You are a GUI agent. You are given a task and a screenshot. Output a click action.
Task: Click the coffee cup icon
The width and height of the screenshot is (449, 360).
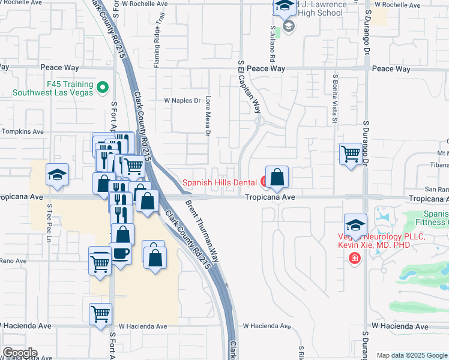pyautogui.click(x=120, y=253)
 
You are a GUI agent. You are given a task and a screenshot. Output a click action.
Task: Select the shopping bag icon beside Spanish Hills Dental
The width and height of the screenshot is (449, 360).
pyautogui.click(x=277, y=178)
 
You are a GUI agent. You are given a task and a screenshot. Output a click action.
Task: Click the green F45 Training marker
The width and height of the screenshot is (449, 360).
pyautogui.click(x=102, y=88)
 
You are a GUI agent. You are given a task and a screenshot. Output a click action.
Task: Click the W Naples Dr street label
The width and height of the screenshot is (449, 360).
pyautogui.click(x=182, y=101)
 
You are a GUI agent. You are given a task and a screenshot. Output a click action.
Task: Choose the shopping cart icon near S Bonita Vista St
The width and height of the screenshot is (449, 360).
pyautogui.click(x=351, y=153)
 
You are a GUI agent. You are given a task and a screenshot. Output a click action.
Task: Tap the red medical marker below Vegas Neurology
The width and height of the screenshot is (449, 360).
pyautogui.click(x=355, y=258)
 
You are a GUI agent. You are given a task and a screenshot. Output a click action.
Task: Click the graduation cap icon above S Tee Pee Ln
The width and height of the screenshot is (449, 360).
pyautogui.click(x=57, y=175)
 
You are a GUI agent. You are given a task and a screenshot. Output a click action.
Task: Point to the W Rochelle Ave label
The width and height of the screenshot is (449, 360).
pyautogui.click(x=145, y=4)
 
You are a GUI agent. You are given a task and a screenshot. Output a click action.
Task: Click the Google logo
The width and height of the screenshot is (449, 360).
pyautogui.click(x=20, y=353)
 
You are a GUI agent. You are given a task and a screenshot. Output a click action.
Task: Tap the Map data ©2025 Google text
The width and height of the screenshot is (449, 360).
pyautogui.click(x=412, y=355)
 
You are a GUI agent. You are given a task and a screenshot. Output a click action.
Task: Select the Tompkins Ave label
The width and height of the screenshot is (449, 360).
pyautogui.click(x=23, y=131)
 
